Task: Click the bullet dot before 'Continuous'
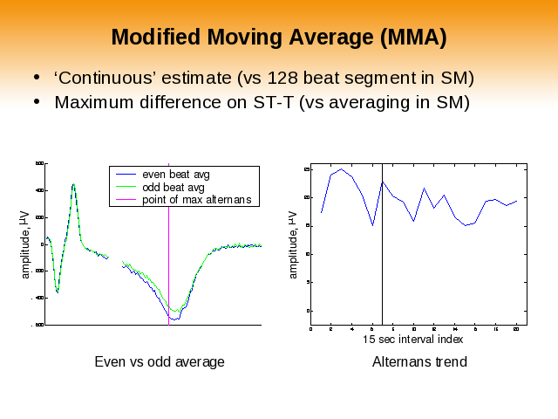(36, 78)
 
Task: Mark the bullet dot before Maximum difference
(36, 102)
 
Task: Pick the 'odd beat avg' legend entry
(174, 187)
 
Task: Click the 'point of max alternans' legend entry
(196, 199)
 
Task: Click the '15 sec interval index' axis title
(413, 339)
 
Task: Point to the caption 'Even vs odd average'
(160, 361)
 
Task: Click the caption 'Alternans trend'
(419, 361)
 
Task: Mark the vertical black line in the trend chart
(383, 262)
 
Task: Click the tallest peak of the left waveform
(74, 184)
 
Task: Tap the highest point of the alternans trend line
(340, 169)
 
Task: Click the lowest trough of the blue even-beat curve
(174, 319)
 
